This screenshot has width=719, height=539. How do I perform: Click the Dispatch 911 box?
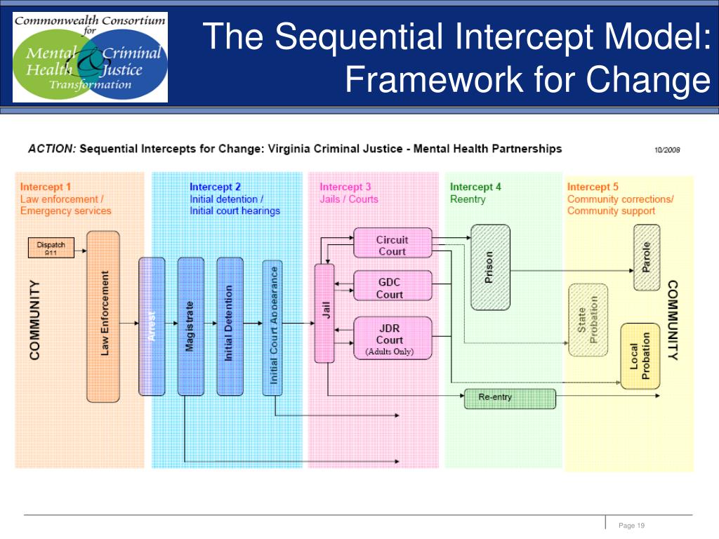tap(51, 248)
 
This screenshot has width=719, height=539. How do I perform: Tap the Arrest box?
tap(152, 326)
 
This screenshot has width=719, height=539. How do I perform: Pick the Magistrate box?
tap(190, 326)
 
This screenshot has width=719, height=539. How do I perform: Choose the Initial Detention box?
tap(230, 326)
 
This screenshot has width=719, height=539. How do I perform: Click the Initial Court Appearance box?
tap(274, 325)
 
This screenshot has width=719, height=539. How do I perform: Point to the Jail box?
tap(324, 312)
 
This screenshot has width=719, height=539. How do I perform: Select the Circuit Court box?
tap(392, 245)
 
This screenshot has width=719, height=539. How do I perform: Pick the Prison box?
tap(489, 267)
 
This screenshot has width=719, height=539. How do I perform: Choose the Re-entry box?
tap(510, 398)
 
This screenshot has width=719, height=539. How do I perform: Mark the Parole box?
tap(647, 257)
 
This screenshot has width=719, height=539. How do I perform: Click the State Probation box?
tap(588, 319)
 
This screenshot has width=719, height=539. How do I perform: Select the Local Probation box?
tap(640, 356)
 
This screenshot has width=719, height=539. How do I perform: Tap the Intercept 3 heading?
tap(345, 187)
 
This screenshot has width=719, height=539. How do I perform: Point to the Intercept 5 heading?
tap(593, 187)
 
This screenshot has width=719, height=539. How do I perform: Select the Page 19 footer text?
tap(631, 526)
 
